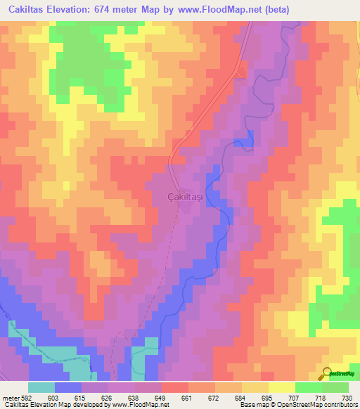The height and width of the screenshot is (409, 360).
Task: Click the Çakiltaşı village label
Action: pos(184,197)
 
